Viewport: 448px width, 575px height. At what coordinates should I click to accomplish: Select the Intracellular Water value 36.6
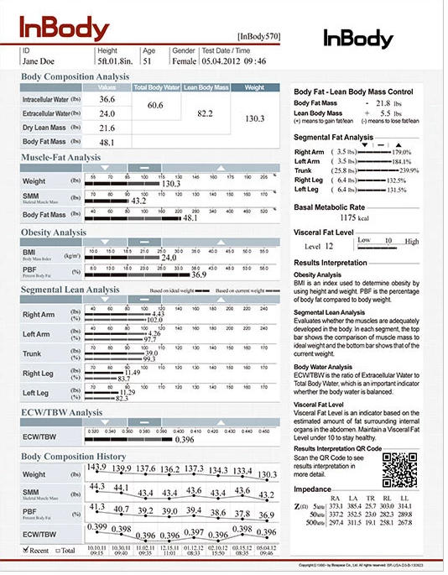tap(107, 99)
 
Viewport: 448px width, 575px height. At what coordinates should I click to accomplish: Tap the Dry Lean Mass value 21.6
tap(107, 128)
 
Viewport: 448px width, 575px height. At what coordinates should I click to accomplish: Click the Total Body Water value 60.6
tap(154, 106)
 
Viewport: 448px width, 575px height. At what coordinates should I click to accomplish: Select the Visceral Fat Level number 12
tap(329, 247)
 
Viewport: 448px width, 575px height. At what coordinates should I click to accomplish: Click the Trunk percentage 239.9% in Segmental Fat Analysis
tap(423, 170)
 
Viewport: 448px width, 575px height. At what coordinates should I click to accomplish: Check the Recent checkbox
tap(26, 551)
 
